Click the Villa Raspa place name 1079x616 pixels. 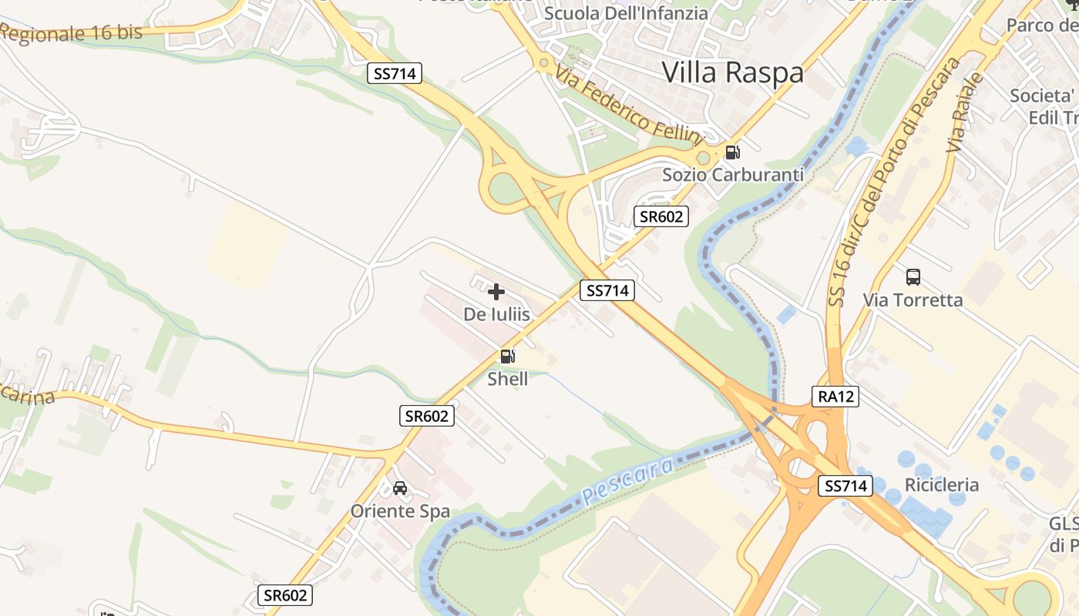[x=733, y=72]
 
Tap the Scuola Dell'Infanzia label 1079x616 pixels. [x=626, y=13]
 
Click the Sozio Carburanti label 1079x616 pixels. [x=733, y=175]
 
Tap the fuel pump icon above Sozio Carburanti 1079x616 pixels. [x=733, y=152]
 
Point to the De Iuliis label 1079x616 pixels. [x=496, y=314]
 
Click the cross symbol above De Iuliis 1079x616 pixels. [x=496, y=292]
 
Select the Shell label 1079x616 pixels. [x=508, y=379]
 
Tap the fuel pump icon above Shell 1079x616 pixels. [x=508, y=356]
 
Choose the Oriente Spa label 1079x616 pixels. [x=400, y=511]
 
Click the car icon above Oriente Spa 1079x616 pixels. [x=400, y=488]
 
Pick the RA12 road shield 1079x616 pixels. [x=835, y=397]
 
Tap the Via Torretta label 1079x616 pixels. [x=913, y=300]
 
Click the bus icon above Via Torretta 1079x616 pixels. [x=913, y=276]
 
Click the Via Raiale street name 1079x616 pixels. [x=965, y=112]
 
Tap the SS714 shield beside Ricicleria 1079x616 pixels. [x=845, y=486]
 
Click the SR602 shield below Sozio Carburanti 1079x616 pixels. [x=661, y=216]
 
